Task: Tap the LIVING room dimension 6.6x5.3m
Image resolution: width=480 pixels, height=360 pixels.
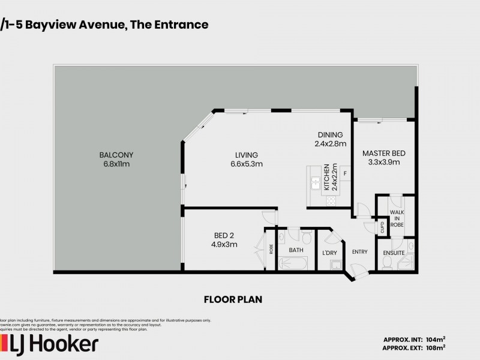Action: coord(246,164)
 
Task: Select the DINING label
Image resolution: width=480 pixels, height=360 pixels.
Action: coord(330,135)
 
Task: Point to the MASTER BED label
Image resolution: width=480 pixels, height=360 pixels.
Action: coord(380,154)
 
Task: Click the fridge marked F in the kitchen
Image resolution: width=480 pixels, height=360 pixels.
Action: coord(344,172)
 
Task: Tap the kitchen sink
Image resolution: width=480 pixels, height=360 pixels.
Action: coord(314,182)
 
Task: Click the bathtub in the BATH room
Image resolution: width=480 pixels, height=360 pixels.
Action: coord(293,263)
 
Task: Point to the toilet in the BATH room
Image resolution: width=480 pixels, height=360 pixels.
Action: coord(307,236)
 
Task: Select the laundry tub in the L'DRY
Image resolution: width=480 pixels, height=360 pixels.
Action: coord(337,265)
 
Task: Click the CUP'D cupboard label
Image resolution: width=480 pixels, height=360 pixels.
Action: coord(382,227)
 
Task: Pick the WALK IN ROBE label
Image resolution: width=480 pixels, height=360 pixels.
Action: coord(397,218)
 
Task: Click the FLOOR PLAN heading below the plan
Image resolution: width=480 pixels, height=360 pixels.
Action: coord(233,299)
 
